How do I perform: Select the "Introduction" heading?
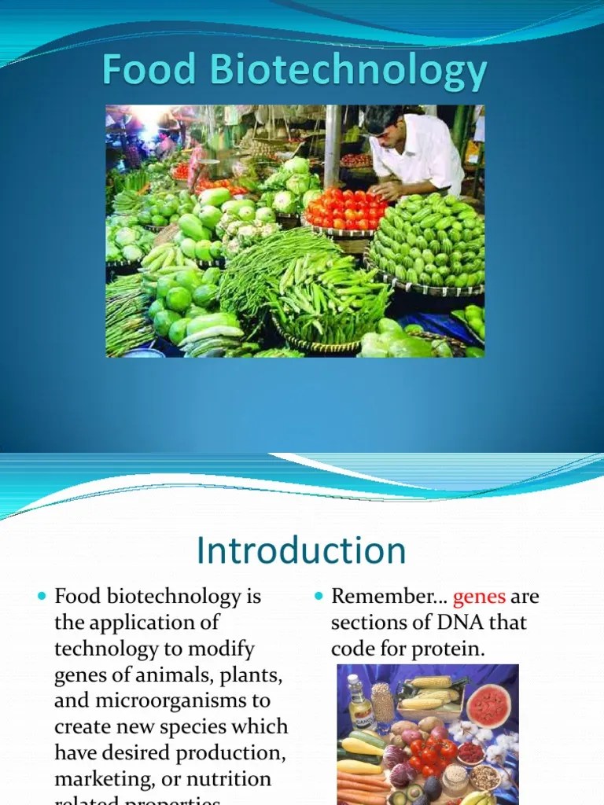(302, 550)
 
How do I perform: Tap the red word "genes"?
(480, 597)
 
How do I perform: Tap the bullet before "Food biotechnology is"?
(42, 597)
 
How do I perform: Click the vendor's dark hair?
(383, 118)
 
